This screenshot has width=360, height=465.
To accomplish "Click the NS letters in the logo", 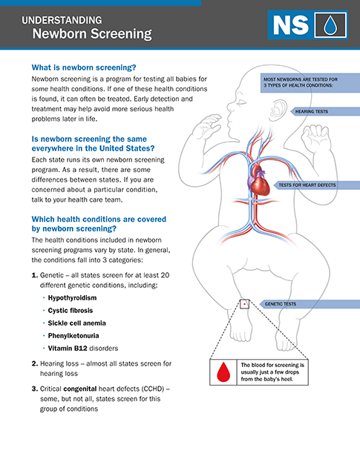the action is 291,25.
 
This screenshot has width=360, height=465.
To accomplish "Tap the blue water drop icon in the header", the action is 330,25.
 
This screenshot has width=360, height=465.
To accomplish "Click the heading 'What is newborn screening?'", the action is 84,67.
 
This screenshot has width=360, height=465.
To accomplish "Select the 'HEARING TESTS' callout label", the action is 311,111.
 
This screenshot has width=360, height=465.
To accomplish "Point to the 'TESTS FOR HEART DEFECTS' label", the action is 307,185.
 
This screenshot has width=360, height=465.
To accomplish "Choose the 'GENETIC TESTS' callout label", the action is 281,304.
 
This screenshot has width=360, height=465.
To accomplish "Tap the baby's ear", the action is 278,111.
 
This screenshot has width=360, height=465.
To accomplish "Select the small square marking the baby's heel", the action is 244,304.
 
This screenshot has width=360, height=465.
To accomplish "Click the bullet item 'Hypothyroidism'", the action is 72,297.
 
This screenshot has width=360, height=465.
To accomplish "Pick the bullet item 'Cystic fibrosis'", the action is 71,311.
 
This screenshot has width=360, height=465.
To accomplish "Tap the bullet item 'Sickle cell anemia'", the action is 77,323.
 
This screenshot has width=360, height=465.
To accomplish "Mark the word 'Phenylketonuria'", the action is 73,336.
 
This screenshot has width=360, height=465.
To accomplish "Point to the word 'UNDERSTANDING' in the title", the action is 62,20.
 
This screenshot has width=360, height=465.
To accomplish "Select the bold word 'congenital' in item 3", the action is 80,389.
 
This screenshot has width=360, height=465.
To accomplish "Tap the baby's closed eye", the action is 241,102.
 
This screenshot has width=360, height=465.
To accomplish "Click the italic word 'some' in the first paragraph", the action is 40,89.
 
